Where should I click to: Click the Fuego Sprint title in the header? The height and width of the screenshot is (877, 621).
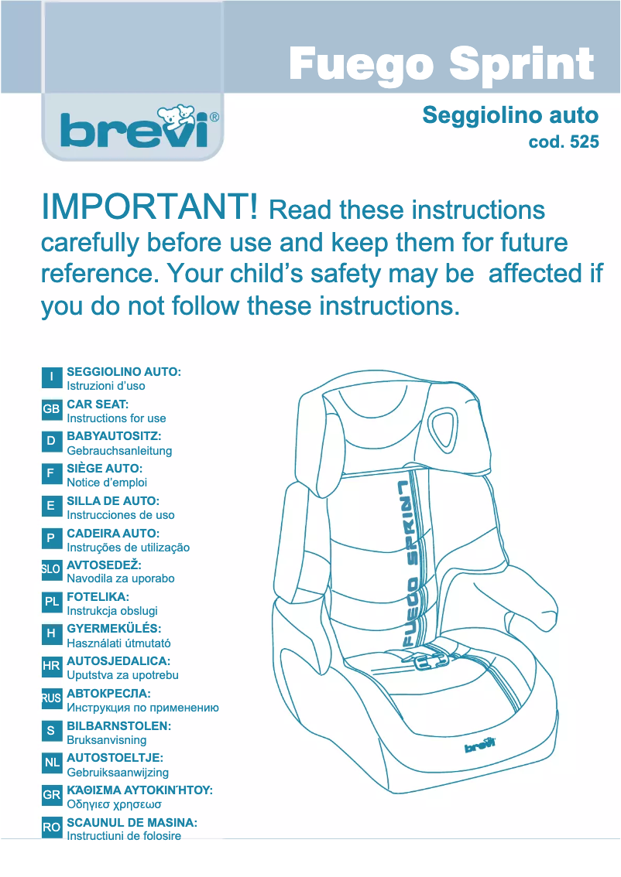tap(441, 64)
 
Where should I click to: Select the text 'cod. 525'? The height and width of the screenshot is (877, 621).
tap(563, 142)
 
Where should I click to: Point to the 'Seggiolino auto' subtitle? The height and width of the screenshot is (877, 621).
tap(509, 116)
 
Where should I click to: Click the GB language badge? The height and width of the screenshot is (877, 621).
tap(51, 409)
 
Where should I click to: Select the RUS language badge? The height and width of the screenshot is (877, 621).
tap(51, 698)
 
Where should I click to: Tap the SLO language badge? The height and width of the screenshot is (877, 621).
tap(51, 570)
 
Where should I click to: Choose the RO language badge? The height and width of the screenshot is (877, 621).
tap(51, 827)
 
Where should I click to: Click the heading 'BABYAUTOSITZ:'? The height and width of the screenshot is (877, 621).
tap(114, 437)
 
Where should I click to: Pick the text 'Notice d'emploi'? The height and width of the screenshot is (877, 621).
tap(107, 483)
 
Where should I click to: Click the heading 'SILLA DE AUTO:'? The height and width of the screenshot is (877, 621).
tap(113, 501)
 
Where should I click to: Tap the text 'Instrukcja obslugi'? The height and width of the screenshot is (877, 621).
tap(112, 611)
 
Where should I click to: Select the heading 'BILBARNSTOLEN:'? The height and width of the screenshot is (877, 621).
tap(118, 726)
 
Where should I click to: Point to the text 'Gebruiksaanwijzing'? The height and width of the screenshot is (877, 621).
tap(118, 772)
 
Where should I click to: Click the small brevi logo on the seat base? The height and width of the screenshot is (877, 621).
tap(480, 746)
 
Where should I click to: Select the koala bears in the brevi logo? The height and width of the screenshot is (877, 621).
tap(175, 115)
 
